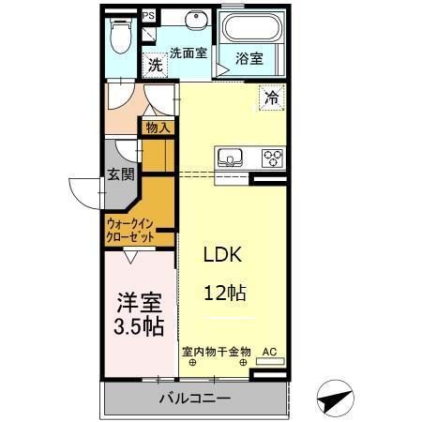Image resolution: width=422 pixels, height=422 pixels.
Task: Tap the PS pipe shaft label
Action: click(149, 15)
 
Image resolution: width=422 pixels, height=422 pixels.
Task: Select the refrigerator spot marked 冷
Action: click(271, 97)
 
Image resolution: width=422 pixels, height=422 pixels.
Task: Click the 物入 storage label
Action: click(158, 126)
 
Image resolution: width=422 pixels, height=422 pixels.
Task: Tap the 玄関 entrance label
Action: click(121, 173)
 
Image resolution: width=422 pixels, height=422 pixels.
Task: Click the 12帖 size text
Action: click(225, 292)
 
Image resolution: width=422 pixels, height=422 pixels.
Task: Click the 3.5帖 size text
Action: click(137, 327)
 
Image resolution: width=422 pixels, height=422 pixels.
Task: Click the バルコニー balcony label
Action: click(193, 399)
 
